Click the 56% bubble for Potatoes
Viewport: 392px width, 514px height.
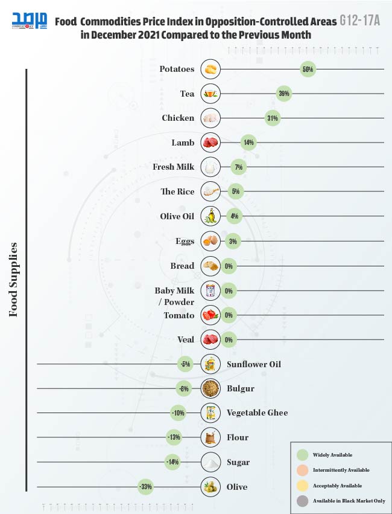coord(308,69)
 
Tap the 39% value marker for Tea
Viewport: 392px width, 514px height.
coord(283,94)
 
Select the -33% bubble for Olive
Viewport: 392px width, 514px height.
coord(145,487)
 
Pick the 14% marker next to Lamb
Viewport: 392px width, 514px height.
coord(247,143)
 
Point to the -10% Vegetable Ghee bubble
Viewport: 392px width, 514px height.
coord(177,413)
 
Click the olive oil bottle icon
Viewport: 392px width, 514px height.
coord(210,216)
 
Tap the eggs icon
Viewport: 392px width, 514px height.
coord(210,241)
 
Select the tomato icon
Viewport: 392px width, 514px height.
coord(210,315)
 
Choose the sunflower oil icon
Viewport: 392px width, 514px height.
coord(210,364)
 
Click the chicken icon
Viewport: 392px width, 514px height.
coord(210,118)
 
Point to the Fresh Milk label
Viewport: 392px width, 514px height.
coord(174,167)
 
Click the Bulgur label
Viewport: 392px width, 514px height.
coord(241,389)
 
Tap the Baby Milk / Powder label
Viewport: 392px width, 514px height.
coord(175,296)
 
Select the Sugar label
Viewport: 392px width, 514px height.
coord(238,463)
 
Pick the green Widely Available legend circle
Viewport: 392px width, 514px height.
coord(303,455)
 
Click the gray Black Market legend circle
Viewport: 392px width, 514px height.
coord(303,501)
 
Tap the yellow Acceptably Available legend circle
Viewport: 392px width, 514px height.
coord(303,486)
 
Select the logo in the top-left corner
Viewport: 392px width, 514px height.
coord(29,22)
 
